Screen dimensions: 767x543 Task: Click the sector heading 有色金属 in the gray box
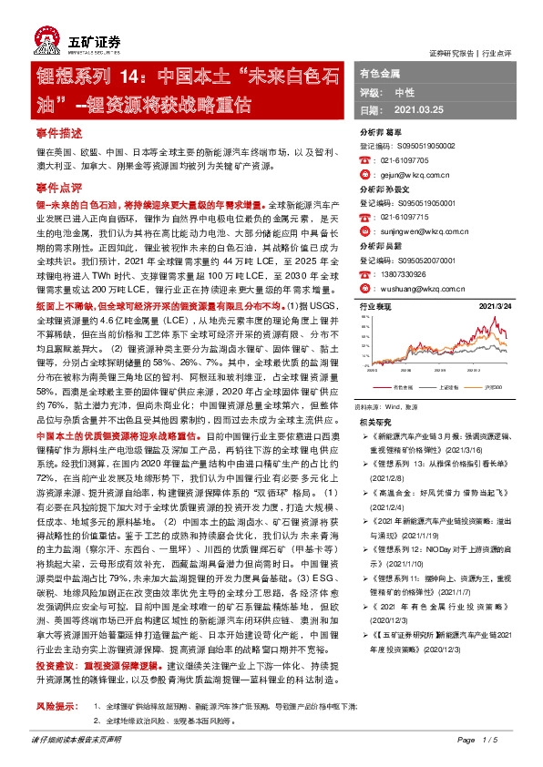[380, 72]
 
